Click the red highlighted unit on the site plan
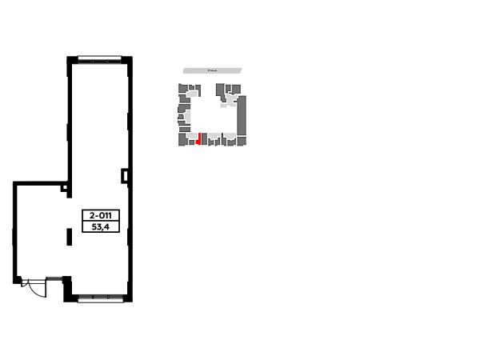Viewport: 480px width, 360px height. pos(198,138)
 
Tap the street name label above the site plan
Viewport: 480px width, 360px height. pos(211,70)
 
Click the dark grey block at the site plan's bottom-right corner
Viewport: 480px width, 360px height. pos(241,141)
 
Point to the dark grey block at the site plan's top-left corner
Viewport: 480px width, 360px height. pos(183,88)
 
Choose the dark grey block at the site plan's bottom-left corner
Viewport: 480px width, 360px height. pos(182,140)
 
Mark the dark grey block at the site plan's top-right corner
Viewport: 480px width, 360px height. pos(235,88)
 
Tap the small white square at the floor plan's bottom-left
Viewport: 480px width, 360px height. pos(42,292)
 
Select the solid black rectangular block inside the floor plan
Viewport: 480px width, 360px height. pos(98,214)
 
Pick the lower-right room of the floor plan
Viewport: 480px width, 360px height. pos(100,260)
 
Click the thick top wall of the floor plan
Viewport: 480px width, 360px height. pos(99,60)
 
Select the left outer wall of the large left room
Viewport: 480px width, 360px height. pos(12,232)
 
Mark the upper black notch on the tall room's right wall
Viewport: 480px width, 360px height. pos(126,120)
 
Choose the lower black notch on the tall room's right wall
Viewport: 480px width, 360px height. pos(123,176)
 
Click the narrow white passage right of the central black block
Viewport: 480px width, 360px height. pos(125,214)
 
